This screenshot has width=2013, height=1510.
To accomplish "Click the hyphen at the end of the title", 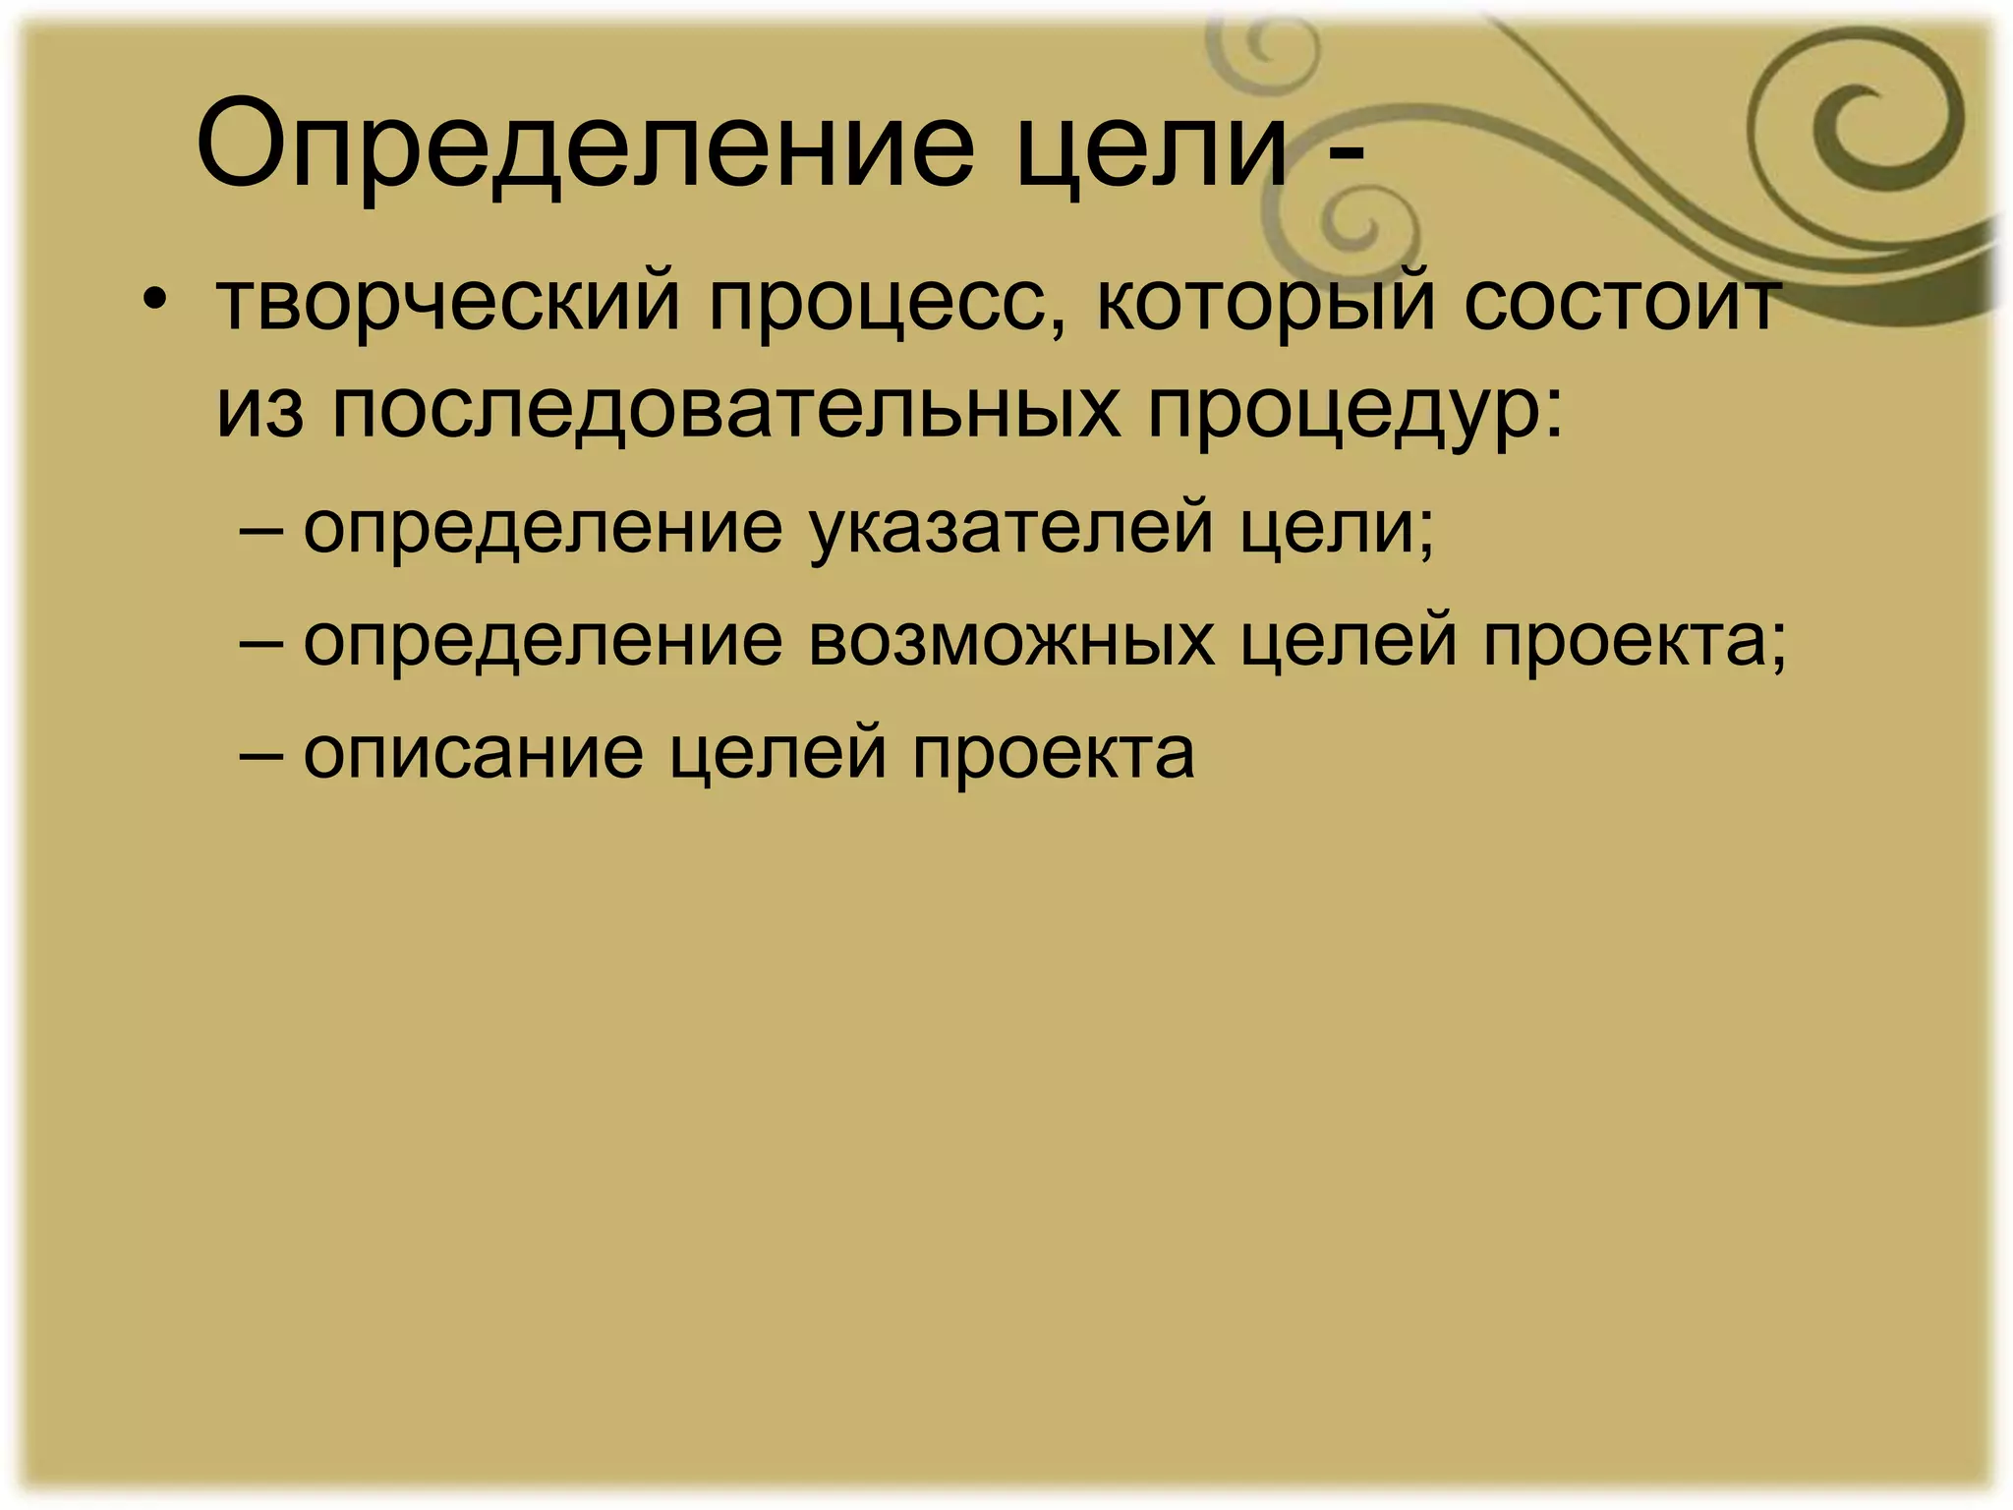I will (x=1343, y=155).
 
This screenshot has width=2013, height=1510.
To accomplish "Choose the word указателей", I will (x=1012, y=529).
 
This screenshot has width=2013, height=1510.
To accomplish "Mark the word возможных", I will (x=1012, y=642).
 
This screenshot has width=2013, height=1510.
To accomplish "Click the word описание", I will (x=473, y=754).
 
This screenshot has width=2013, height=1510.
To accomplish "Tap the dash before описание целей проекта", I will (x=259, y=755).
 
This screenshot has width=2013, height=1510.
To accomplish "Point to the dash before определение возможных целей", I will (x=259, y=642).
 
